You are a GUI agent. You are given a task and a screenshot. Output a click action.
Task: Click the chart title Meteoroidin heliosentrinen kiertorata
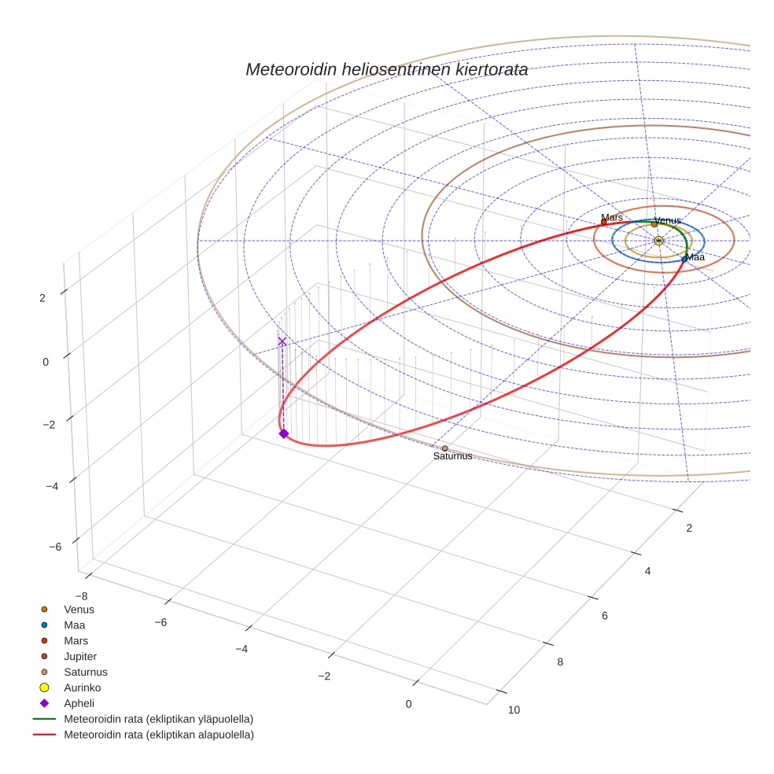(x=386, y=69)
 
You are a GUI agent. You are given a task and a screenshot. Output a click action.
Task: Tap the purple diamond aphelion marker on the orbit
(x=284, y=433)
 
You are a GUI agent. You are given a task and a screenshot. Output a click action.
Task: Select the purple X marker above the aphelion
(x=282, y=341)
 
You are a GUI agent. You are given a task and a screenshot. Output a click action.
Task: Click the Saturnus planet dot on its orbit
(x=444, y=448)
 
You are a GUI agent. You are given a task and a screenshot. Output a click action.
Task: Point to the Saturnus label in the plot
(x=452, y=456)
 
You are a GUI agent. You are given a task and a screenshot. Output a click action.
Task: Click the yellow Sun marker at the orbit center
(x=658, y=241)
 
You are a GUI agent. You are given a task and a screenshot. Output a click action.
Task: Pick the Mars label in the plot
(x=612, y=217)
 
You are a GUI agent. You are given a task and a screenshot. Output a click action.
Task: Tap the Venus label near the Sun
(x=668, y=221)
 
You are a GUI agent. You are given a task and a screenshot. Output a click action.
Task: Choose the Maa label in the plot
(x=695, y=257)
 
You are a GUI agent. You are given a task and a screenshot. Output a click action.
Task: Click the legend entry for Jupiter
(x=80, y=656)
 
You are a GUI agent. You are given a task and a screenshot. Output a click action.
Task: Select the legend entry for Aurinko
(x=82, y=687)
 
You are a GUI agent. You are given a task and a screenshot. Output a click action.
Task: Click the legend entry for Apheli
(x=79, y=703)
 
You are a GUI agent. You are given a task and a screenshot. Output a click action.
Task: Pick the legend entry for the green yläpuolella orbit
(x=158, y=719)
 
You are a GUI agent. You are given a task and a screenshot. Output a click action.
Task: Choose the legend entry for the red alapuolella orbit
(x=158, y=735)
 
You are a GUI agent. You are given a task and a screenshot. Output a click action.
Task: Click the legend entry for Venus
(x=79, y=609)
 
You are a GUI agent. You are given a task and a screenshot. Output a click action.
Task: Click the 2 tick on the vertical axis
(x=42, y=297)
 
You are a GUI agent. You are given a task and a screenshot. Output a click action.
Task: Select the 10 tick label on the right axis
(x=514, y=710)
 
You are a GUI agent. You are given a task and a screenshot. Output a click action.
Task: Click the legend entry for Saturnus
(x=85, y=672)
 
